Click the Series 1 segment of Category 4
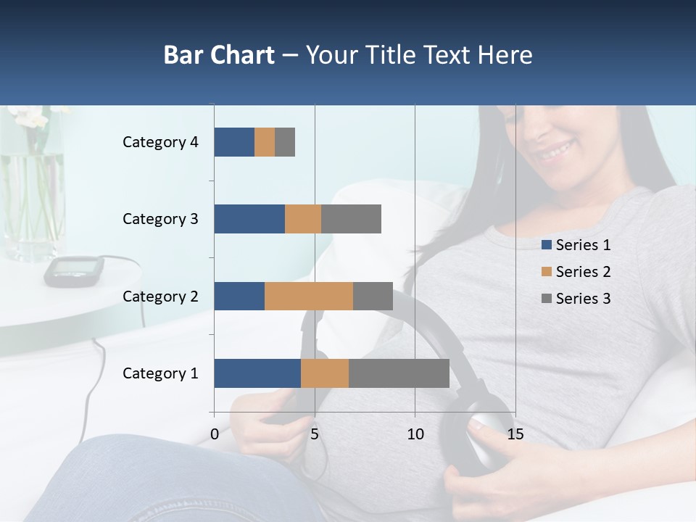pos(234,142)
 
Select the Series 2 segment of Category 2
pos(309,296)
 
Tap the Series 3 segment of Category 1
pos(399,373)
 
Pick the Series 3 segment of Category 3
pos(351,219)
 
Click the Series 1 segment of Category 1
pos(257,373)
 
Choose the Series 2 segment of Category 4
pos(265,142)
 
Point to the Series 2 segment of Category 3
pos(303,219)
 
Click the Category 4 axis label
pos(160,142)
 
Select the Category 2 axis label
pos(160,296)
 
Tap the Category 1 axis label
pos(160,373)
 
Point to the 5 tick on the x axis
pos(315,434)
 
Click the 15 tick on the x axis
pos(515,434)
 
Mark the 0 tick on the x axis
pos(215,434)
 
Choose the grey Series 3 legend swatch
pos(547,299)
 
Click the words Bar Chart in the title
pos(219,55)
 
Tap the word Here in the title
pos(505,55)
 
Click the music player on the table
pos(73,270)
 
